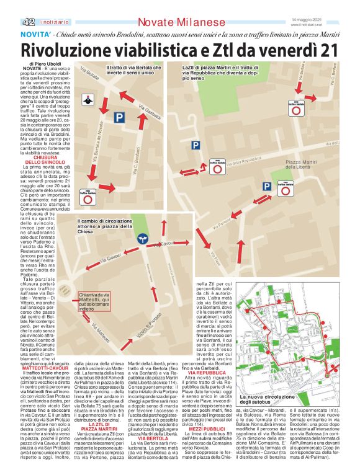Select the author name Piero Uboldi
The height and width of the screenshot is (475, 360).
coord(44,64)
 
